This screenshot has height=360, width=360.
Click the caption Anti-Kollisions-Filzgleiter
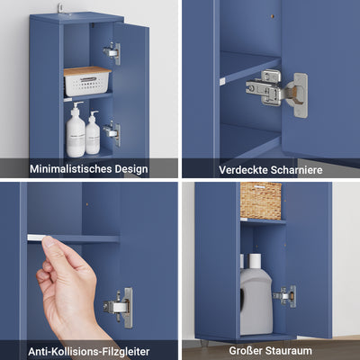coord(89,351)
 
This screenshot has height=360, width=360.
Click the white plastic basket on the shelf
coord(86,83)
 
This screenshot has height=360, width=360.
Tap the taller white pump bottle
coord(76,131)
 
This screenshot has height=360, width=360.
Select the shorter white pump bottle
coord(94,134)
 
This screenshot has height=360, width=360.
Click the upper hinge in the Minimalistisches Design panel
coord(112,53)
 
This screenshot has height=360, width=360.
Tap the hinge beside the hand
coord(119,306)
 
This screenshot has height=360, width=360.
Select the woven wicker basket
coord(261,201)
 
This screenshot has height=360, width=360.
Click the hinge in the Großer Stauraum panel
coord(286,295)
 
